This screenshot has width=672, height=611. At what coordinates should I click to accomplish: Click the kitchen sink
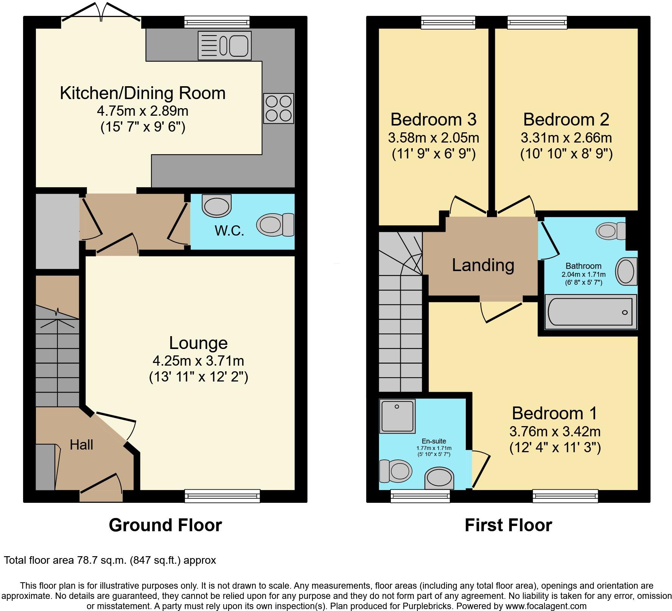tap(224, 45)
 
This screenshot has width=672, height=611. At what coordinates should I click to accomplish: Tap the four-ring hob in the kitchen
tap(278, 108)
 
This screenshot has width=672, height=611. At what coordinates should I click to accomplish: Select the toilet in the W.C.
tap(275, 224)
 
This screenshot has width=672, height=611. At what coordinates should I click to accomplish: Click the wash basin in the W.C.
tap(217, 206)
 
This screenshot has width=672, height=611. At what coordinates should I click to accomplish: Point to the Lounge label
tap(198, 343)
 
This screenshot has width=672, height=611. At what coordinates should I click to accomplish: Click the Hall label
tap(81, 445)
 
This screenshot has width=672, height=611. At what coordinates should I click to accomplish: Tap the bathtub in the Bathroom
tap(590, 312)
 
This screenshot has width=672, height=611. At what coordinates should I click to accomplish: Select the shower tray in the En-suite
tap(398, 416)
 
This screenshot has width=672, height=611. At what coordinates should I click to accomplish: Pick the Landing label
tap(483, 265)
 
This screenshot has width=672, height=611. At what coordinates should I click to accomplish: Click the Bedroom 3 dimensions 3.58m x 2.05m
tap(434, 138)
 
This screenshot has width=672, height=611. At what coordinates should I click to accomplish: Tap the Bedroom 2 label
tap(566, 119)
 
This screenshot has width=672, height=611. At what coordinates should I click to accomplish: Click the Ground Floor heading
tap(165, 525)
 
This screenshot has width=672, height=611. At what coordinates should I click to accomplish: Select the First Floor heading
tap(508, 525)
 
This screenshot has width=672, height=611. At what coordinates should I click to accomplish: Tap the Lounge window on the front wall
tap(222, 496)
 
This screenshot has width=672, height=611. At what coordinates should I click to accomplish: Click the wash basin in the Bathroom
tap(626, 271)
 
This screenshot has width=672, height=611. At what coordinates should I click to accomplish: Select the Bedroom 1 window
tap(565, 496)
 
